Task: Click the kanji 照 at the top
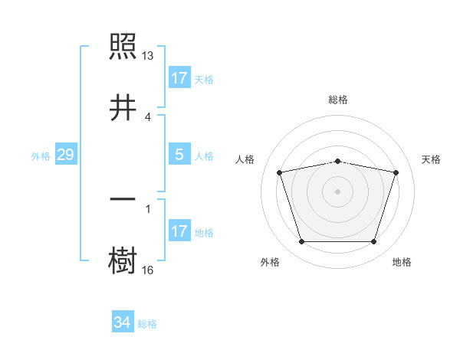[123, 48]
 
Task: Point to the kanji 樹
[123, 260]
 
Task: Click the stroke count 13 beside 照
[148, 56]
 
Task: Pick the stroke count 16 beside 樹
[148, 270]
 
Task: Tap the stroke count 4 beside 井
[148, 116]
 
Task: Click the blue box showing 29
[65, 155]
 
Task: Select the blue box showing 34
[123, 323]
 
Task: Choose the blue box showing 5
[179, 155]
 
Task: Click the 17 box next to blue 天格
[179, 78]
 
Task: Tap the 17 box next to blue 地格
[179, 231]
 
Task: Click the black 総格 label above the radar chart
[338, 100]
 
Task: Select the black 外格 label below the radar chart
[270, 262]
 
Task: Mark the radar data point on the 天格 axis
[396, 172]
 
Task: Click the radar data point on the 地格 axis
[373, 242]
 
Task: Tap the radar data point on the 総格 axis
[338, 161]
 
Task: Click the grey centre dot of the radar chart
[338, 191]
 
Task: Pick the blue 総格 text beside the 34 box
[147, 324]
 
